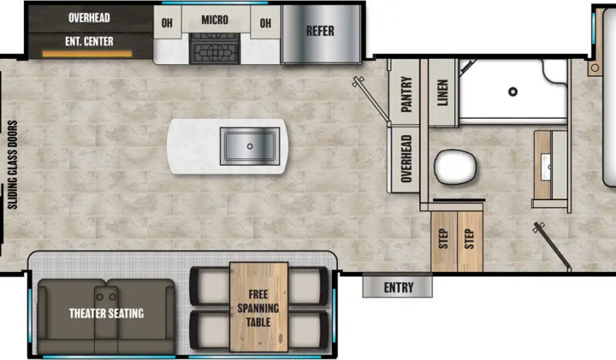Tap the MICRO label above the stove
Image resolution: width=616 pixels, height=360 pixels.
coord(215,20)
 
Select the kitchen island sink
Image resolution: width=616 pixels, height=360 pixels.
coord(249,145)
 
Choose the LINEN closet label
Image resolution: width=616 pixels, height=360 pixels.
coord(442,95)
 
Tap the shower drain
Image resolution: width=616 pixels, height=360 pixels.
coord(513,92)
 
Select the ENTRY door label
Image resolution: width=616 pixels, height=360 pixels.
coord(398,287)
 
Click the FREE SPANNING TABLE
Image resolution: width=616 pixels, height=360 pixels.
coord(259,307)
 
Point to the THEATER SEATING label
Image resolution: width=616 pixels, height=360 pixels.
coord(107,313)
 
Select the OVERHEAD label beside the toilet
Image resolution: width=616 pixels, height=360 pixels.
coord(407,158)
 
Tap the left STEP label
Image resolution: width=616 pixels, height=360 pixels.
coord(444,239)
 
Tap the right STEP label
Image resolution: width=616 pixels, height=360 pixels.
coord(469,239)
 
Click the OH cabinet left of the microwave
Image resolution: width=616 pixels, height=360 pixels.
coord(167,23)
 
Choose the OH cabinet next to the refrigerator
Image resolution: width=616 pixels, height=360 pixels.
coord(266,23)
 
